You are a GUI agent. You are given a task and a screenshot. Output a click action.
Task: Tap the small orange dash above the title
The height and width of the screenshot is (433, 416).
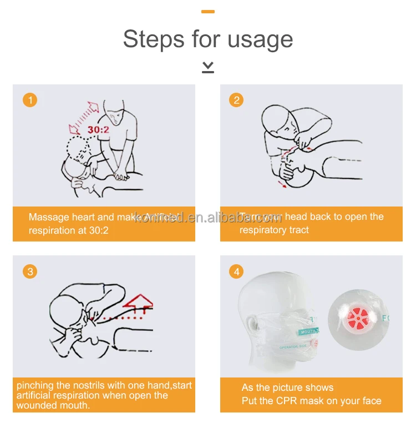(208, 11)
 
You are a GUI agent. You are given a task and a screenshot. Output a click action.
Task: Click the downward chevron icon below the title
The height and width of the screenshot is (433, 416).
(208, 67)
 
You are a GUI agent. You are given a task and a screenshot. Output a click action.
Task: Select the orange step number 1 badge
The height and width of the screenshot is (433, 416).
(29, 100)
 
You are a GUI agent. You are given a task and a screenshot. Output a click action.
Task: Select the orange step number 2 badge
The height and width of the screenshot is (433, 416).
(237, 100)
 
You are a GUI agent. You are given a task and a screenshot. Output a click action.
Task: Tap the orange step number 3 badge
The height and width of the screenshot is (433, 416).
(29, 271)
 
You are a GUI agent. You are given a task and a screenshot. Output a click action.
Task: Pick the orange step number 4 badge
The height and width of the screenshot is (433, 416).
(237, 271)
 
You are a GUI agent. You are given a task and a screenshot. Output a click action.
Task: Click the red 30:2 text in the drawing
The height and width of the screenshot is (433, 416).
(98, 129)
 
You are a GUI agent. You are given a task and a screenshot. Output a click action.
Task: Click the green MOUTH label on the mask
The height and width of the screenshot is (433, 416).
(309, 331)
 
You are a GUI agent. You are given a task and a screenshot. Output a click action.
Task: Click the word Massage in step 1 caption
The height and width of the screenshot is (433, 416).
(49, 217)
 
